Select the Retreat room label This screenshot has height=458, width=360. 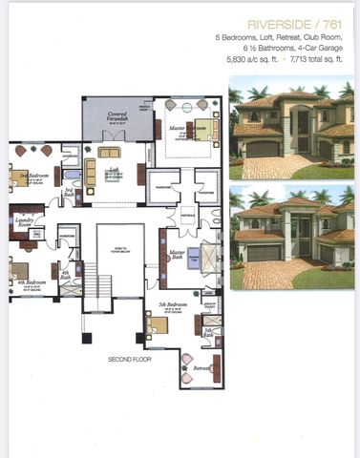coord(201,367)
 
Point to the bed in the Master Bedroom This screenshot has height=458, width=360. coord(188,127)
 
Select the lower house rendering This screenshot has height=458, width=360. coord(292,239)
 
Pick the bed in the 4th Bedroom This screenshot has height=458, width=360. coord(21,268)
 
